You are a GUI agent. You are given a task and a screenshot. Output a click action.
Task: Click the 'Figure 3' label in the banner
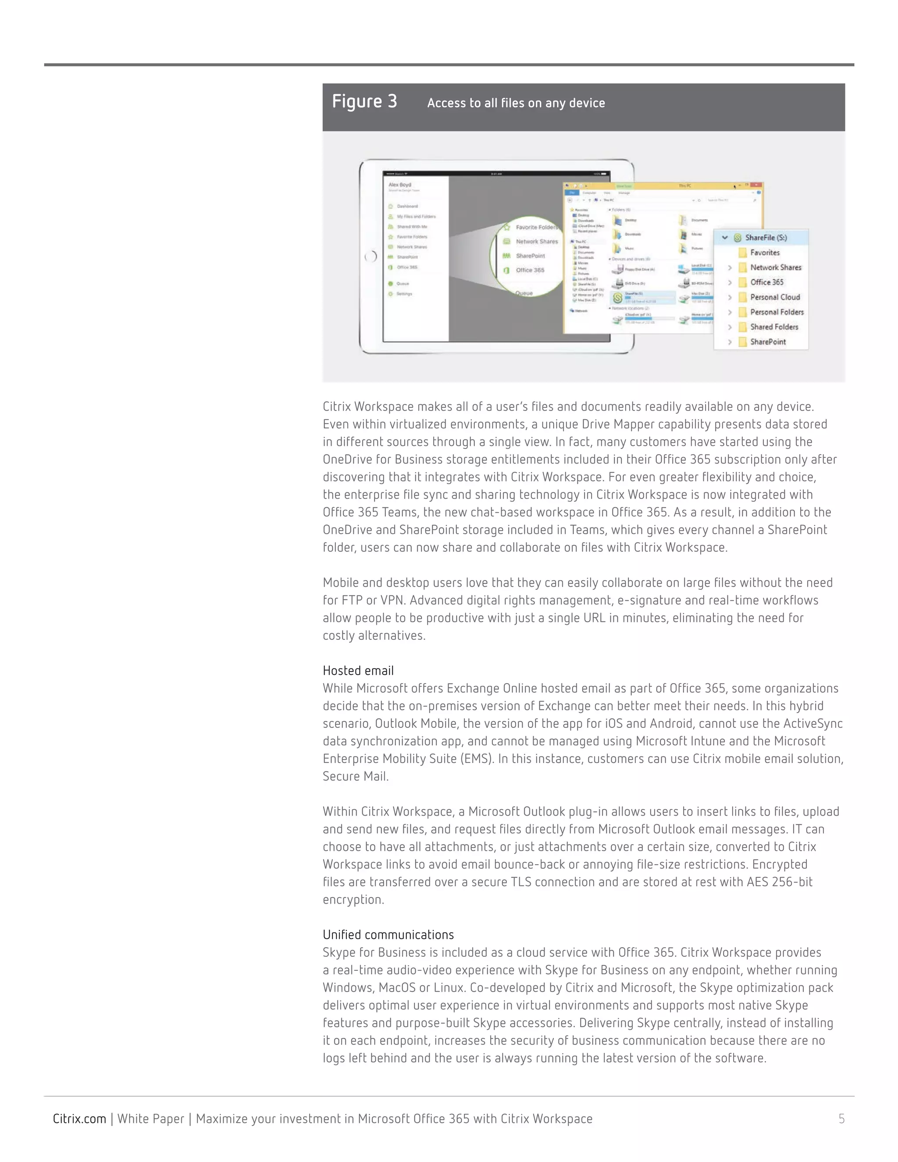click(x=364, y=101)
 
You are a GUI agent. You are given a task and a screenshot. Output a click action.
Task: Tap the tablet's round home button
click(x=371, y=257)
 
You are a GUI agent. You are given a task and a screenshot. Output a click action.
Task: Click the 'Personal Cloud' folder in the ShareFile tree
click(x=775, y=297)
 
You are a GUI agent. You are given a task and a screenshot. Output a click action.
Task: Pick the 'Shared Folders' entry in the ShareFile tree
click(x=773, y=327)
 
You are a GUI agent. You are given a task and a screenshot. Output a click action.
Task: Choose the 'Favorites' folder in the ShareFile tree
click(x=764, y=253)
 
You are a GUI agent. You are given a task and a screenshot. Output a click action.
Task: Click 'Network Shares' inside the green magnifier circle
click(x=536, y=242)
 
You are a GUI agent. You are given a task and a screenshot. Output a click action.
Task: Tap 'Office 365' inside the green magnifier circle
click(x=529, y=270)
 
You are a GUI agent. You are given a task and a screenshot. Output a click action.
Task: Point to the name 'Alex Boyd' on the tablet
click(x=399, y=185)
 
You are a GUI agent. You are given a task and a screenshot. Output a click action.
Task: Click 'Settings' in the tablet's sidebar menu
click(x=404, y=294)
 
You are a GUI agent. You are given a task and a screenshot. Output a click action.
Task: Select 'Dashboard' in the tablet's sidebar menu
click(x=407, y=206)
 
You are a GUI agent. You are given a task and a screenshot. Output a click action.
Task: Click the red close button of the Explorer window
click(x=757, y=185)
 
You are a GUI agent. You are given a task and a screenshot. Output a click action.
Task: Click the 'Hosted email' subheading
click(x=358, y=670)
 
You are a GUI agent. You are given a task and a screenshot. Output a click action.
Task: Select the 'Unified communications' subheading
click(x=388, y=935)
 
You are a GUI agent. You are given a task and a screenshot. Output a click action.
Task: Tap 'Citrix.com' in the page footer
click(x=79, y=1119)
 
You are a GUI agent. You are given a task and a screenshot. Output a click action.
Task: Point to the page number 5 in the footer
click(x=841, y=1119)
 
